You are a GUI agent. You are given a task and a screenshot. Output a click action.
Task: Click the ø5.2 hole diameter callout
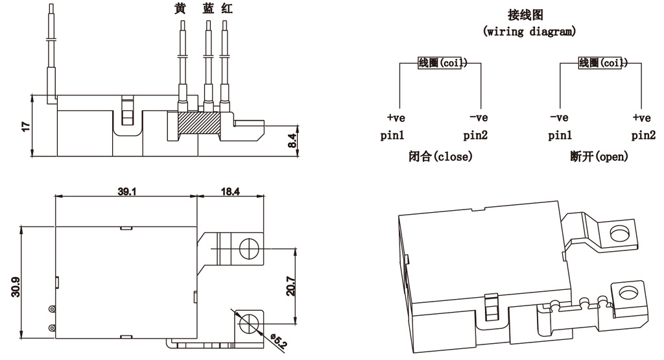pyautogui.click(x=278, y=340)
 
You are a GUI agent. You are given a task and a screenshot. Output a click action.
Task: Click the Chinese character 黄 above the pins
pyautogui.click(x=180, y=9)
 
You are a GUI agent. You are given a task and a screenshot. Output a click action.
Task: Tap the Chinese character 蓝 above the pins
pyautogui.click(x=208, y=9)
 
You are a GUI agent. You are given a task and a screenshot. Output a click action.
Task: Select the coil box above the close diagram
pyautogui.click(x=439, y=63)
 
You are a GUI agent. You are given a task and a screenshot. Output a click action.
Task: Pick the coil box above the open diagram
pyautogui.click(x=601, y=63)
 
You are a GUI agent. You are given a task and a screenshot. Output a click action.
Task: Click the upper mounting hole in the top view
pyautogui.click(x=248, y=246)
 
